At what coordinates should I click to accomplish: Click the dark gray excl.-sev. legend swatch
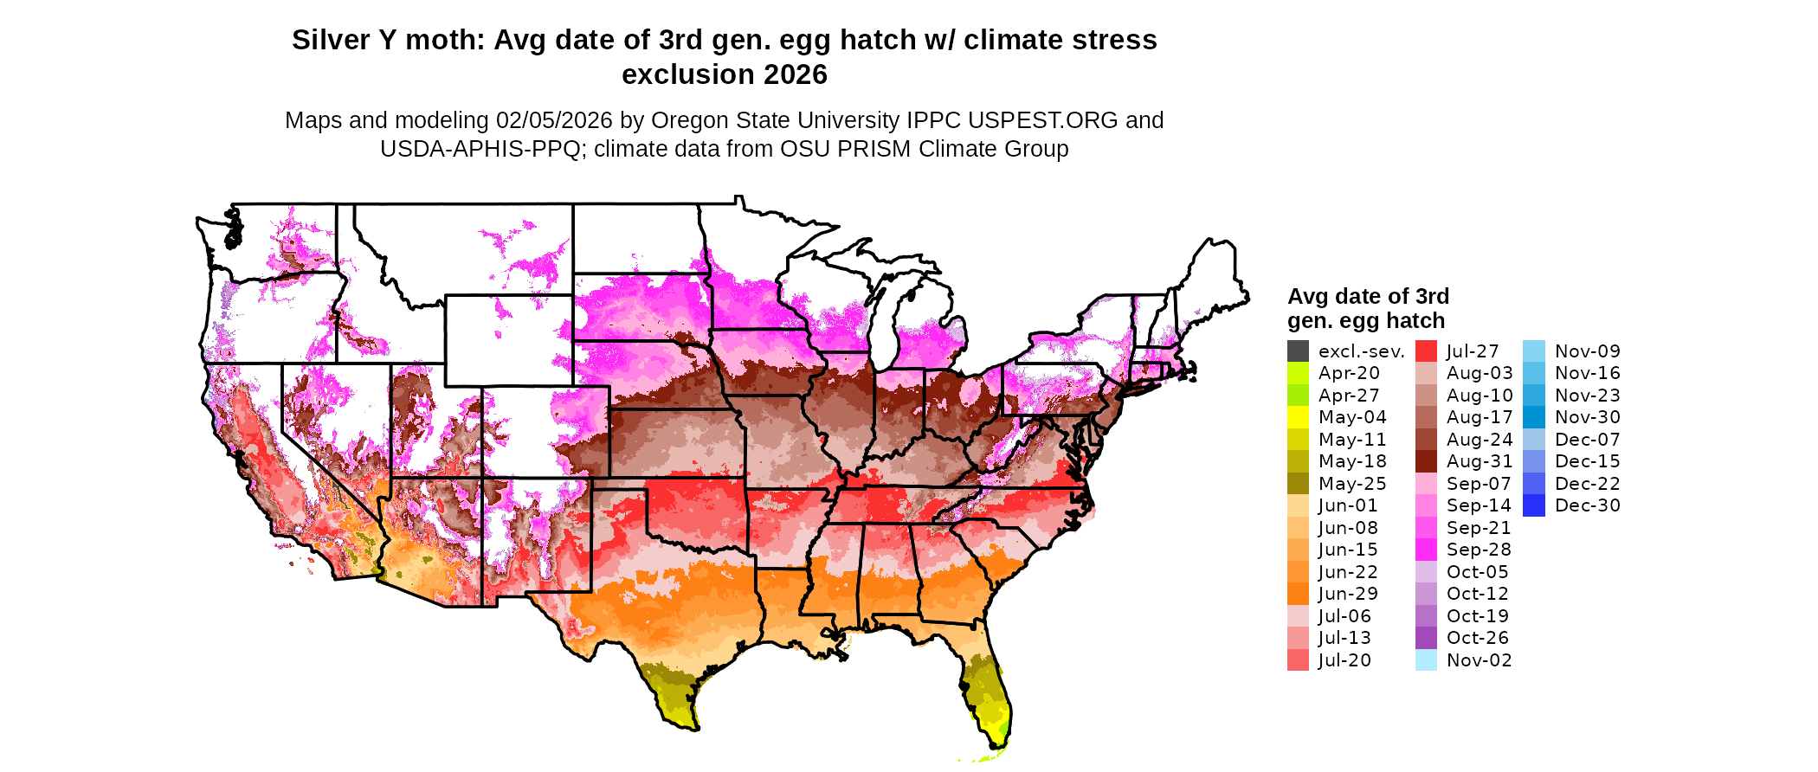click(1298, 351)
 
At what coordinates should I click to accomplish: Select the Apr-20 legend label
click(1349, 373)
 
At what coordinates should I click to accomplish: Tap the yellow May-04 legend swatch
click(1298, 417)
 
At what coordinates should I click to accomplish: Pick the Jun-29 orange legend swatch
click(1298, 594)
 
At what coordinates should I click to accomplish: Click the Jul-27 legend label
click(1473, 351)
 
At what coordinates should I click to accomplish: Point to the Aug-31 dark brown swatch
click(1426, 461)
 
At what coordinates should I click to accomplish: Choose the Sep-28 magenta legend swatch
click(1426, 550)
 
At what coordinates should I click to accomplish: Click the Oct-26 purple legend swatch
click(1426, 638)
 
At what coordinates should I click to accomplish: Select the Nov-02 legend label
click(1479, 660)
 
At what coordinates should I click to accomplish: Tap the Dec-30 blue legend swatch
click(1533, 505)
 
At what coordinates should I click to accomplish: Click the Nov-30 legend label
click(1587, 417)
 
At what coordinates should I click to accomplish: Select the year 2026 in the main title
click(793, 74)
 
